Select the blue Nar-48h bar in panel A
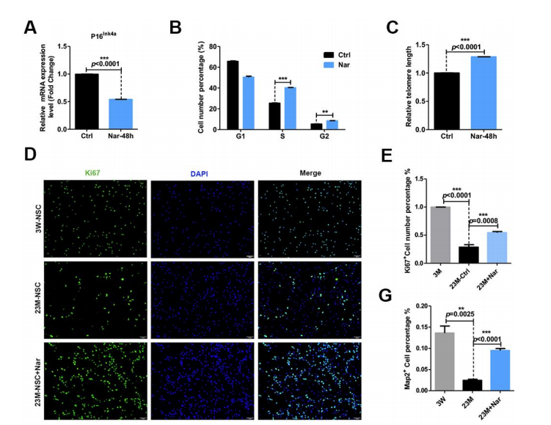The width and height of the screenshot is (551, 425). (x=120, y=114)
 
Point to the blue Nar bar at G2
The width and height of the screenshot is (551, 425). (x=332, y=125)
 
